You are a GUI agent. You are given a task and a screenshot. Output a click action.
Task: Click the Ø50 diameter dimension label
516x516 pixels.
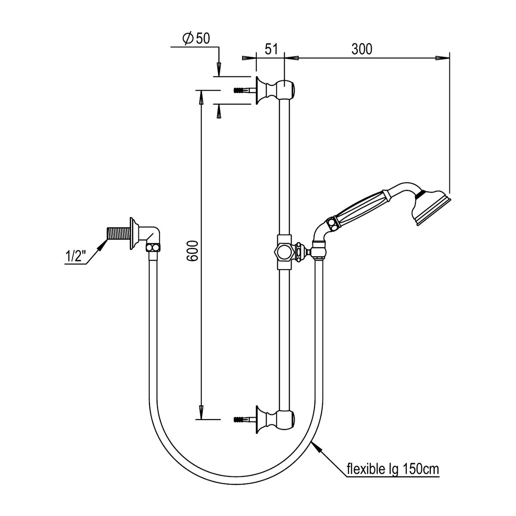(x=196, y=39)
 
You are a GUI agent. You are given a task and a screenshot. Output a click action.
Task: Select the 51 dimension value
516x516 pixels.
(x=271, y=49)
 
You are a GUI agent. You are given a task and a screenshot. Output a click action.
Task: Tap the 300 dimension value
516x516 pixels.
(x=362, y=49)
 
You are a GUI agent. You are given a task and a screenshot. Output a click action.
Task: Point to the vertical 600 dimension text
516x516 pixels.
(x=192, y=251)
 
